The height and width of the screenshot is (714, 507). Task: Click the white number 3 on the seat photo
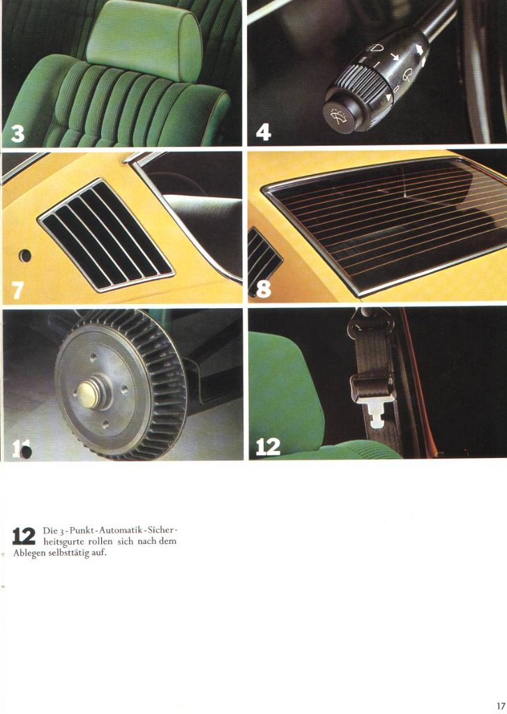click(17, 133)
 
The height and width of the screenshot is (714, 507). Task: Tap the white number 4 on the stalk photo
click(264, 132)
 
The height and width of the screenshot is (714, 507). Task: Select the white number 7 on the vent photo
click(17, 290)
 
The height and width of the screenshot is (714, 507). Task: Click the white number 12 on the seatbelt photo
click(268, 447)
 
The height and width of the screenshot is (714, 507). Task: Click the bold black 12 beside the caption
click(24, 536)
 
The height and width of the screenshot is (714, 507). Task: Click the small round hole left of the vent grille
click(24, 255)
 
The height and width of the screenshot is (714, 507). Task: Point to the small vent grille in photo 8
click(264, 257)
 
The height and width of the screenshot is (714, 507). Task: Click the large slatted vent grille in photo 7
click(106, 235)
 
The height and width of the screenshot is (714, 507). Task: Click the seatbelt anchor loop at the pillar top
click(370, 324)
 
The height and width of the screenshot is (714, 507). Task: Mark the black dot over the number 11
click(26, 452)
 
